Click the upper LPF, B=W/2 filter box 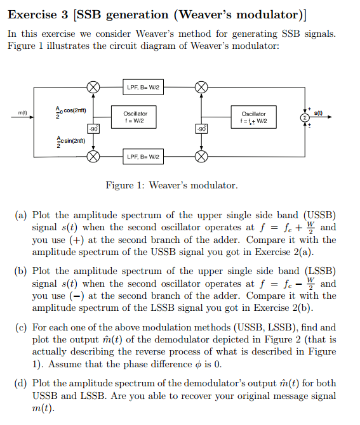143,88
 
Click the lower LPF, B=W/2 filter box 143,157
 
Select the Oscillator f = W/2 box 134,117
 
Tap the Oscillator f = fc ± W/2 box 254,117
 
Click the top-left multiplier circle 93,88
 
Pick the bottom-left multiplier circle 93,157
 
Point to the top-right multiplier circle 201,88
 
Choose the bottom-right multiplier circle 201,157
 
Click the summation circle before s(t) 305,117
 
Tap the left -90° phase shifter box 93,129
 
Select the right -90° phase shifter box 201,129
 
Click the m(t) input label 22,112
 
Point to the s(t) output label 318,113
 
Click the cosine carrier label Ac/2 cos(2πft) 71,112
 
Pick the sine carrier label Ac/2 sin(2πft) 70,142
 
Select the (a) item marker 21,215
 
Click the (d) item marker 21,383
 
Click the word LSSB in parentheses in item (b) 320,271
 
